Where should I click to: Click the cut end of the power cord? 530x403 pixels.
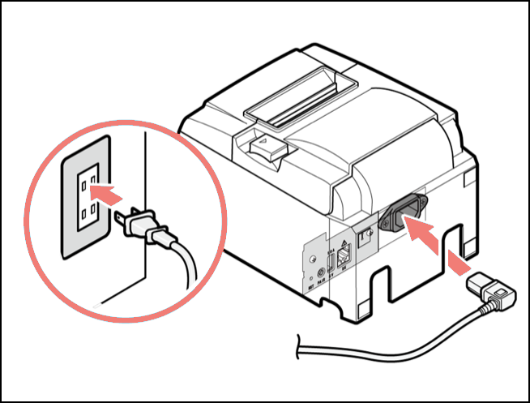(x=299, y=349)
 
